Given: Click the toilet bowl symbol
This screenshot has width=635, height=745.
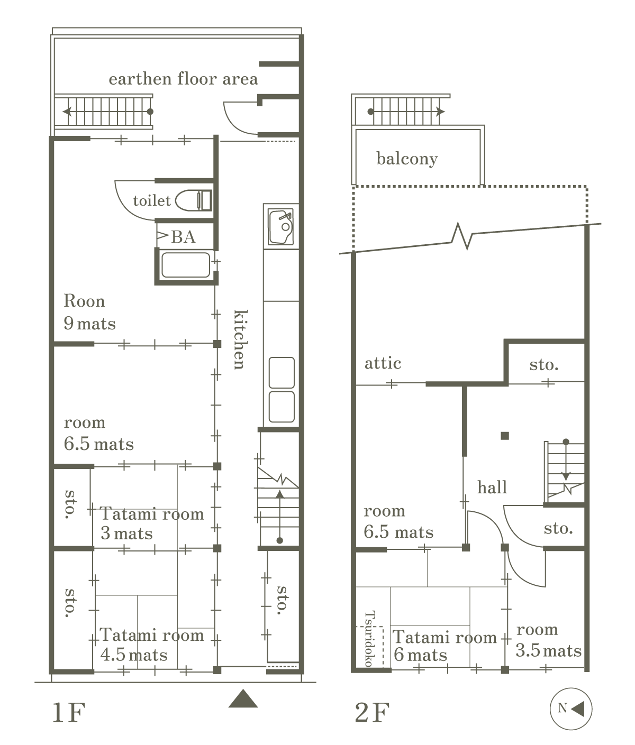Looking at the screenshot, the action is (194, 200).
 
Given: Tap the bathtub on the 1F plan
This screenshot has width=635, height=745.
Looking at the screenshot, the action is (186, 265).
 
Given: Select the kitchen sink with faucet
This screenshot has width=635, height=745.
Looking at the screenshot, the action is (281, 227).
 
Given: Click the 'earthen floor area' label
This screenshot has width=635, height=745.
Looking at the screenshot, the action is (183, 79).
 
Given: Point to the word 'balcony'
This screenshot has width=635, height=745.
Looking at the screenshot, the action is (407, 159).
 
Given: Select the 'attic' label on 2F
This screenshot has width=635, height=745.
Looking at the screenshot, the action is (383, 363).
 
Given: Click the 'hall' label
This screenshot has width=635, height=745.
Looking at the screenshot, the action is (492, 488).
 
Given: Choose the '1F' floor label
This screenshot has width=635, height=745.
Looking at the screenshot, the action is (69, 712).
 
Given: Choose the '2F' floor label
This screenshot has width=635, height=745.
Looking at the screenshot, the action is (372, 712).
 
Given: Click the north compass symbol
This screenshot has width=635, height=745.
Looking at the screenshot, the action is (571, 709).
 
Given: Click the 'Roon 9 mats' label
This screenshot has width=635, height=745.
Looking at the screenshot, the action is (89, 312).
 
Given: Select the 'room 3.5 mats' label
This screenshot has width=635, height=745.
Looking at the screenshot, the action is (548, 640).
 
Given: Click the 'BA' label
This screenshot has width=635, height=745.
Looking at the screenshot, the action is (183, 237).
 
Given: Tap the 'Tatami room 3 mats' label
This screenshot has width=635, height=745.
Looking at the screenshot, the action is (152, 524).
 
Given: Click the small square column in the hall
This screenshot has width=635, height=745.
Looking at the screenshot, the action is (505, 436).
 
